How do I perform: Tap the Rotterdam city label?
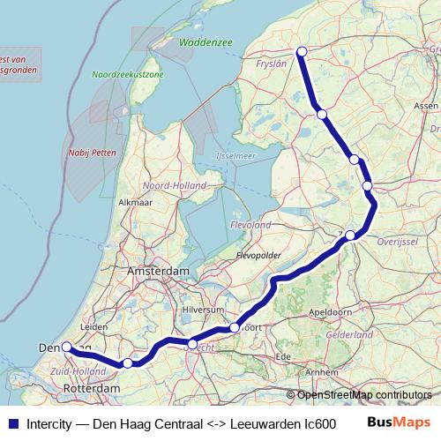pyautogui.click(x=93, y=388)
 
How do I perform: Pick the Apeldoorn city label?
pyautogui.click(x=332, y=312)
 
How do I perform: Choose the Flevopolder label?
pyautogui.click(x=258, y=256)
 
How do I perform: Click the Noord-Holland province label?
pyautogui.click(x=168, y=186)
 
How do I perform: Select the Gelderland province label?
pyautogui.click(x=348, y=336)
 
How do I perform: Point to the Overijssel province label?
pyautogui.click(x=397, y=240)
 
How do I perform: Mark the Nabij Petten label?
pyautogui.click(x=86, y=152)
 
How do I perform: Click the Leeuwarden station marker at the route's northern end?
pyautogui.click(x=302, y=51)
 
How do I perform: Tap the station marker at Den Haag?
pyautogui.click(x=66, y=348)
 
